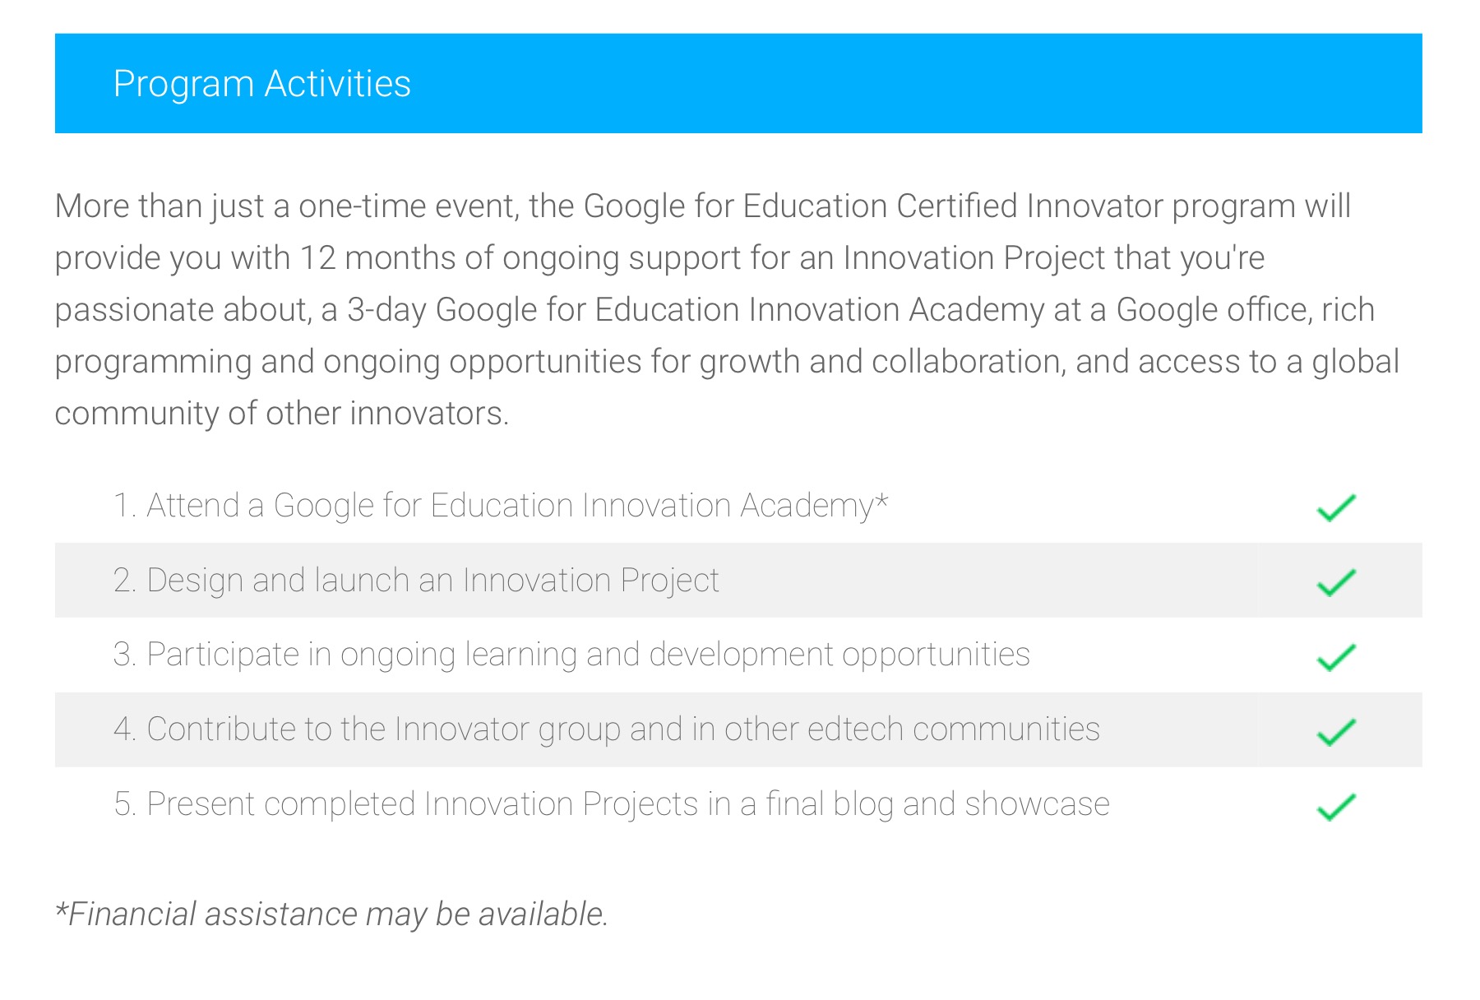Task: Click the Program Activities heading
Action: (261, 85)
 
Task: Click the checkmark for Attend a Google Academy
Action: (1336, 508)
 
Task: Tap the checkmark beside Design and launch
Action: (1336, 582)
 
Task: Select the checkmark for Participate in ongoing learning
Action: (1336, 657)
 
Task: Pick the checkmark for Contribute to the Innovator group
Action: (1336, 732)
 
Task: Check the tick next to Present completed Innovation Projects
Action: (1336, 807)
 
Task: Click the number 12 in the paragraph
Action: (317, 258)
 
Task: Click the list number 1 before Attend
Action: (123, 506)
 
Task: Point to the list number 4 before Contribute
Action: (124, 729)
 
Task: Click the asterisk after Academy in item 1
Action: (881, 499)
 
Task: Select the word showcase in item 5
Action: (1038, 804)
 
